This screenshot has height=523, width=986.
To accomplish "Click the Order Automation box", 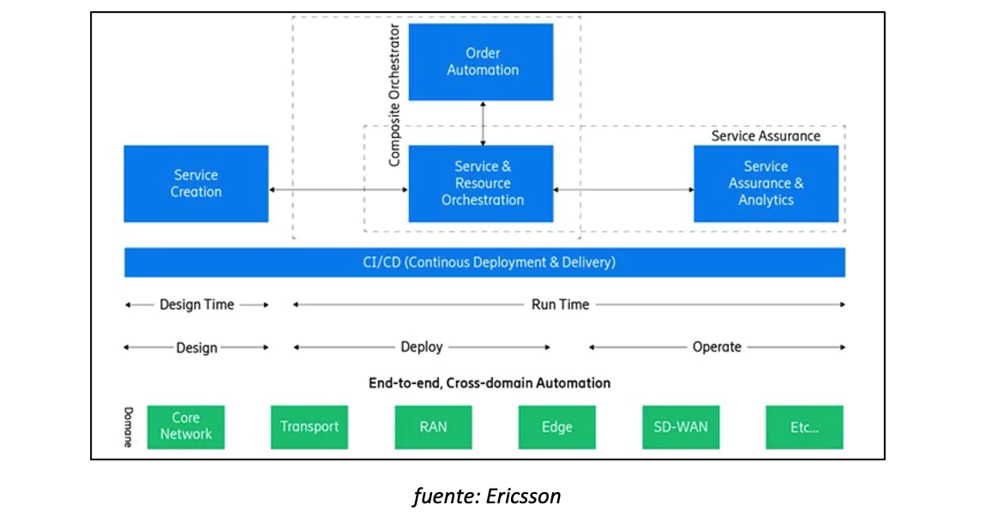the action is click(481, 63).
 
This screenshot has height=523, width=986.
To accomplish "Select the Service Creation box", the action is click(196, 183).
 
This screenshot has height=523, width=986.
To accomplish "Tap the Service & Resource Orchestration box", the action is click(481, 183).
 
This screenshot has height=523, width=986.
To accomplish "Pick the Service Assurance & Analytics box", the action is click(766, 183).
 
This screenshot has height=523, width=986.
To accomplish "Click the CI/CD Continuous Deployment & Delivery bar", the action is click(484, 262).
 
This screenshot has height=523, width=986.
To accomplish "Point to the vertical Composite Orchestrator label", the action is click(394, 95).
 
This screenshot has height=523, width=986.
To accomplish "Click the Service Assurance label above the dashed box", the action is click(766, 135).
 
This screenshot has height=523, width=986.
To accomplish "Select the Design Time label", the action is click(197, 305).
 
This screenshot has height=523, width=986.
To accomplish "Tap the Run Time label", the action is click(560, 305).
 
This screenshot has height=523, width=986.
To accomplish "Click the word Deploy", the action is click(422, 347).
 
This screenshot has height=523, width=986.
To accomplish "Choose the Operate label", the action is click(717, 347).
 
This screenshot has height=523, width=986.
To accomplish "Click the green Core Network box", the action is click(185, 428).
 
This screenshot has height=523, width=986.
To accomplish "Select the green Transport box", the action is click(310, 428).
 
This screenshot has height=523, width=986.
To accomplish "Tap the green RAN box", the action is click(433, 428).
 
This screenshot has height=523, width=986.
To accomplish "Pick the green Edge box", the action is click(557, 428).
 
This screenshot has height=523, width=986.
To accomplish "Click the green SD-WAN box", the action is click(681, 428).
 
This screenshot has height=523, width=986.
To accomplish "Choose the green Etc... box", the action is click(804, 428).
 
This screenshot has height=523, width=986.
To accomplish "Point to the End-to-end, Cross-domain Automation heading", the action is click(490, 383).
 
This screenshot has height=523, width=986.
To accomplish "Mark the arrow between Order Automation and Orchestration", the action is click(483, 123).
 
